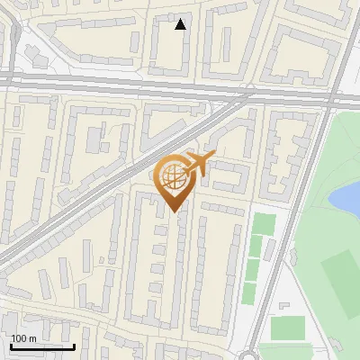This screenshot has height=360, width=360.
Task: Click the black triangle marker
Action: tap(181, 24)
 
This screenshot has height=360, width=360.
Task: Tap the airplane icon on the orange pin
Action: tap(199, 164)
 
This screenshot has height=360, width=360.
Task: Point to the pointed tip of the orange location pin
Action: tap(174, 211)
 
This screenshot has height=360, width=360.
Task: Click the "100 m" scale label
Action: tap(23, 338)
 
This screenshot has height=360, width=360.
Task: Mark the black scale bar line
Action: tap(41, 346)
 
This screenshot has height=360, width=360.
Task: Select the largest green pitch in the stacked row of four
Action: tap(263, 224)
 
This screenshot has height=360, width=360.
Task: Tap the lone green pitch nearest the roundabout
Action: tap(287, 328)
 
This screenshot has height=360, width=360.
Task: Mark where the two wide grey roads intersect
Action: tap(332, 94)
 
